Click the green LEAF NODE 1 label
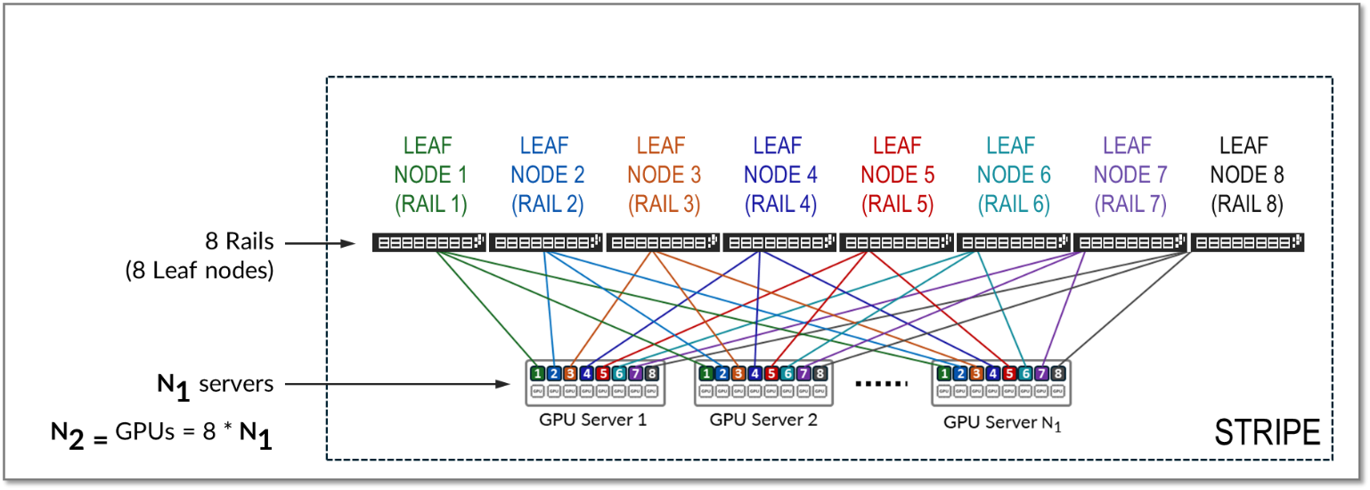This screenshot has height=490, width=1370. (430, 175)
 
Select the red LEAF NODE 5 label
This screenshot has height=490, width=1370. (897, 175)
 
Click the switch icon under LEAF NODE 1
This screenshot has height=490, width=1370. (429, 241)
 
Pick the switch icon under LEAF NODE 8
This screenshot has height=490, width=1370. (1247, 241)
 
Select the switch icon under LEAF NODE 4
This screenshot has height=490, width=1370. (780, 241)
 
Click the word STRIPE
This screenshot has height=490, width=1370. (1268, 433)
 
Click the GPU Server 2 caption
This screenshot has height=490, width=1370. (763, 418)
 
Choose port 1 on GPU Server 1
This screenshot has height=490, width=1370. (537, 373)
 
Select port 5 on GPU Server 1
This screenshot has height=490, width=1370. (603, 373)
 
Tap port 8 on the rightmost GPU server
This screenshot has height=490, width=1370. (1057, 373)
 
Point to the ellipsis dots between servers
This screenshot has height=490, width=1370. (880, 384)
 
